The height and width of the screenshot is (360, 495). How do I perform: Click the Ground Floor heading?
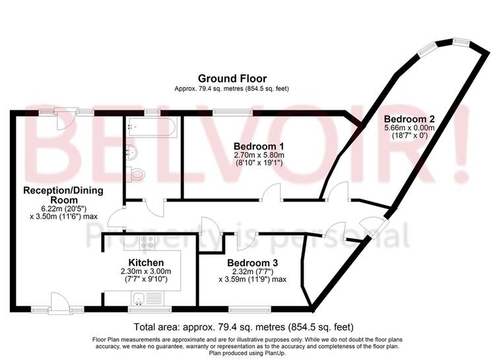[232, 78]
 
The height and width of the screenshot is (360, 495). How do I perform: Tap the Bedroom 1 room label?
[259, 147]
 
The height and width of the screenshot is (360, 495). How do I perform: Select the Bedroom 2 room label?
[409, 119]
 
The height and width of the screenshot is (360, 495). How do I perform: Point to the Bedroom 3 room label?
[252, 263]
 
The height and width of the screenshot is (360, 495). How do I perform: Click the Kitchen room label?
[146, 263]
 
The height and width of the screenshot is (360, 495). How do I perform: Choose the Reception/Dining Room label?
[63, 195]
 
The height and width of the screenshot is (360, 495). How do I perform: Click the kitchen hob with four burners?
[147, 242]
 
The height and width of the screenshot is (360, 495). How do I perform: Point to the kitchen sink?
[139, 299]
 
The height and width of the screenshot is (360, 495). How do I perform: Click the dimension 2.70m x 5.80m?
[259, 155]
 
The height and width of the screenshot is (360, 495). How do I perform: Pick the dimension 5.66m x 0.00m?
[409, 128]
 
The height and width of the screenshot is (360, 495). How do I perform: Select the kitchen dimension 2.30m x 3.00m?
[146, 271]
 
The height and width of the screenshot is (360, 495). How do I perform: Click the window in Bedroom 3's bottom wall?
[249, 308]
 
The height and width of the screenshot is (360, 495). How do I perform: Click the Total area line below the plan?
[244, 326]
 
